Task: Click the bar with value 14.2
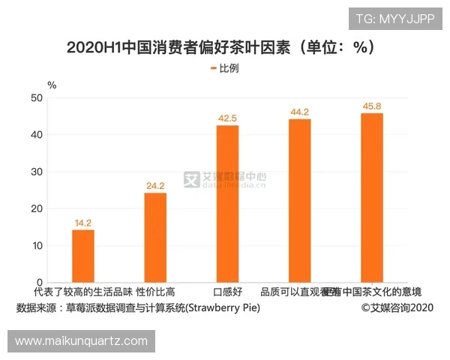point(83,256)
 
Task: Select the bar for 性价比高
point(155,238)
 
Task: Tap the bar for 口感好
point(227,204)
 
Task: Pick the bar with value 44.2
point(299,201)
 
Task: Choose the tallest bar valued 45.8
point(372,198)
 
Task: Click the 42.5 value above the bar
point(227,118)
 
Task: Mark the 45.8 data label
point(372,106)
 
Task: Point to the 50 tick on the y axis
point(37,97)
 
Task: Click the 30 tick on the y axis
point(37,172)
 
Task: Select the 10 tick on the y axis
point(37,246)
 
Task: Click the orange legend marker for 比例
point(213,68)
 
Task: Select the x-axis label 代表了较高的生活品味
point(83,292)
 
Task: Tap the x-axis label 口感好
point(227,292)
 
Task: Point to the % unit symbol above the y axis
point(52,85)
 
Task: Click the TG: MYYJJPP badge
point(394,19)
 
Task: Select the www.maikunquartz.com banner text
point(81,341)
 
